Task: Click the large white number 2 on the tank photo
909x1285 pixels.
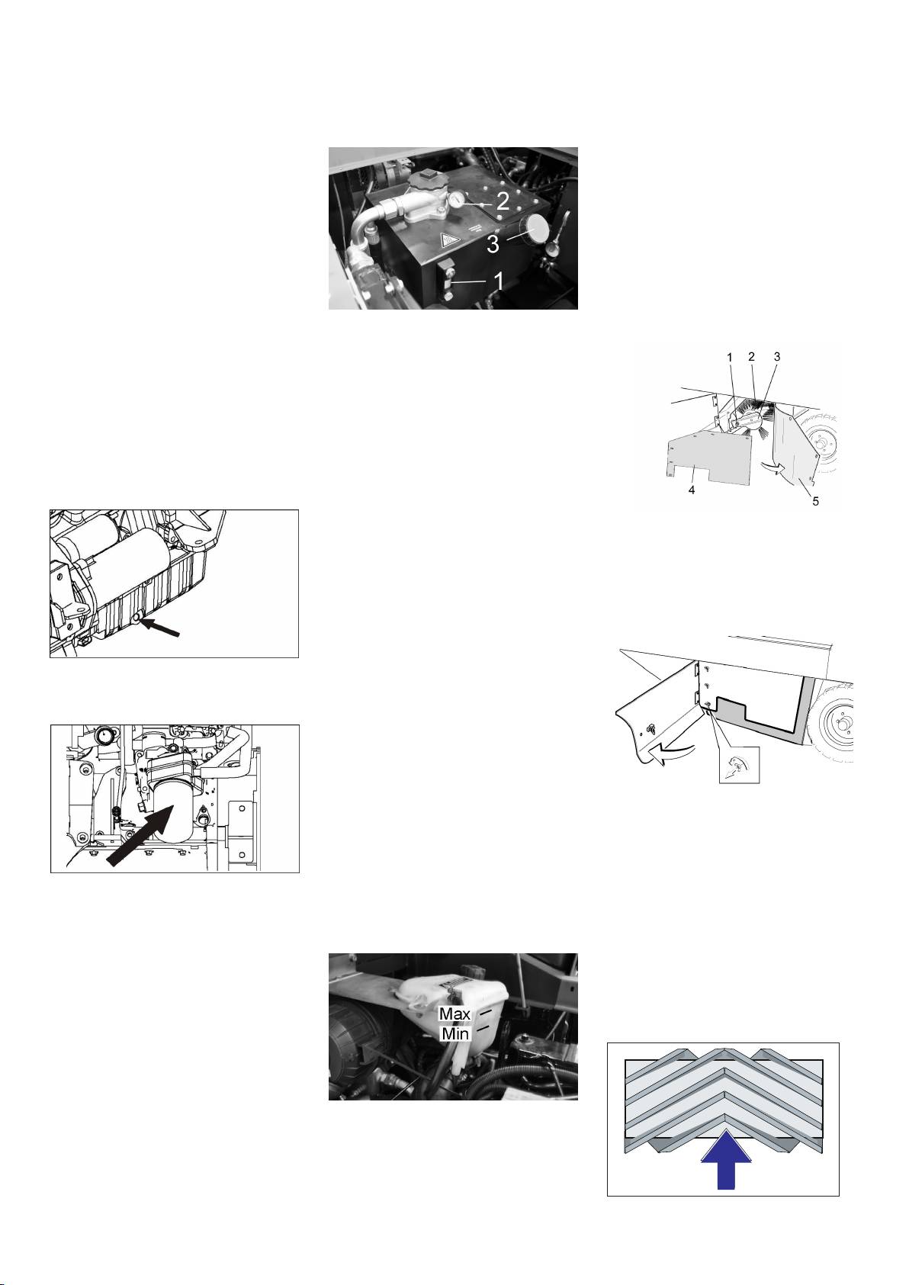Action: click(x=503, y=201)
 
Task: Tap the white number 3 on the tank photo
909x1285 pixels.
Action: click(x=493, y=244)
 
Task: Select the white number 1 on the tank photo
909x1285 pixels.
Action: click(x=499, y=281)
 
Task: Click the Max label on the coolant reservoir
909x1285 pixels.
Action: click(x=454, y=1014)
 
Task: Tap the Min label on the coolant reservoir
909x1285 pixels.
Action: click(x=454, y=1034)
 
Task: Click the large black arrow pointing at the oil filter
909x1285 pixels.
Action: click(x=141, y=835)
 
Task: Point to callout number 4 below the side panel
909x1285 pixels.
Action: click(x=692, y=490)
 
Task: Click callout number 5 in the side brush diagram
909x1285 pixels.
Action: click(x=815, y=501)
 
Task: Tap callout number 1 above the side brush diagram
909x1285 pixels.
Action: click(x=730, y=357)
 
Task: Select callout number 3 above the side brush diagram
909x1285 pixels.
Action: click(x=776, y=356)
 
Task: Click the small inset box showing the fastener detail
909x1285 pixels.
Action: click(x=739, y=765)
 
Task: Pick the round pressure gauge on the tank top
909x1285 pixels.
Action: click(x=457, y=201)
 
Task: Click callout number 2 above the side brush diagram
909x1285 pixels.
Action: click(x=751, y=356)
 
